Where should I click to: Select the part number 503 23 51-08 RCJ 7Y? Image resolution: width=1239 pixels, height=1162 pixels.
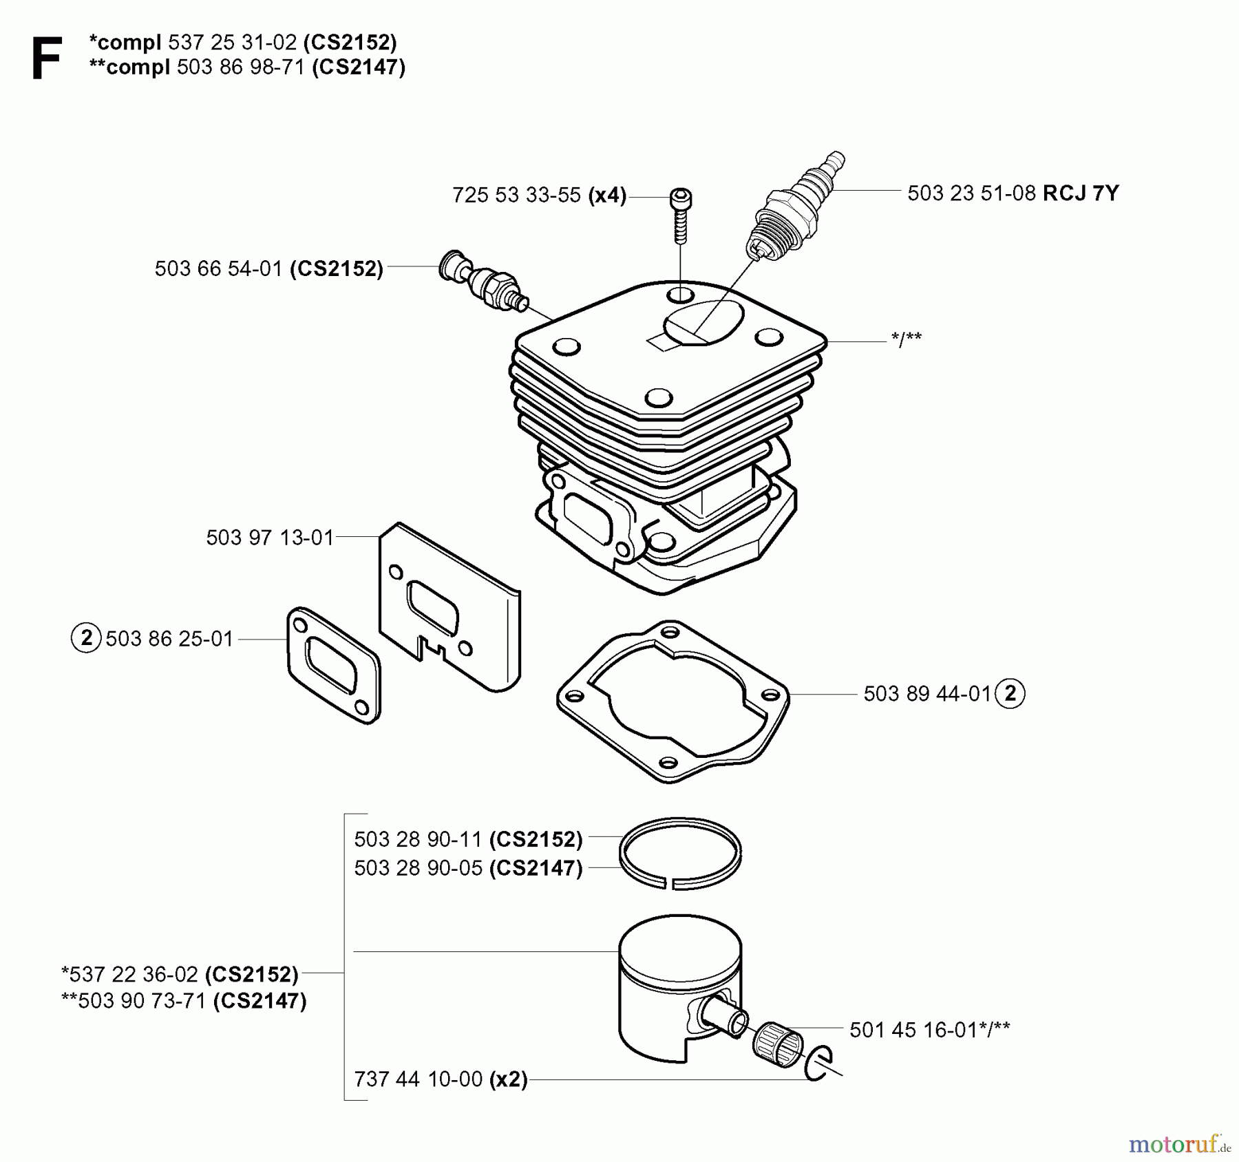(x=1013, y=193)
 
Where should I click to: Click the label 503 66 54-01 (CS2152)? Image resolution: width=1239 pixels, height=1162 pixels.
(x=268, y=268)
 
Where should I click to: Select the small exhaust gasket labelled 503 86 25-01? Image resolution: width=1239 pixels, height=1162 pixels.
(x=333, y=664)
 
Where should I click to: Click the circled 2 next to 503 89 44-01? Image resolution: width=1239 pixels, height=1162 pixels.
(x=1010, y=693)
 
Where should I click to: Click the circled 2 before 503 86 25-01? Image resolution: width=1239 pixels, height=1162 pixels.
(x=86, y=638)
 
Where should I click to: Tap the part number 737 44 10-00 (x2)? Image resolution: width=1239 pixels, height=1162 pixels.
(x=441, y=1079)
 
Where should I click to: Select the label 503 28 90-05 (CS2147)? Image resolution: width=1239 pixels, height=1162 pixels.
(x=468, y=869)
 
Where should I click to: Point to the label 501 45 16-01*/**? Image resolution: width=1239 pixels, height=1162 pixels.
(x=929, y=1030)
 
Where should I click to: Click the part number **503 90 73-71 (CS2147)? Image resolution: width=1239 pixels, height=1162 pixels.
(x=184, y=1001)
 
